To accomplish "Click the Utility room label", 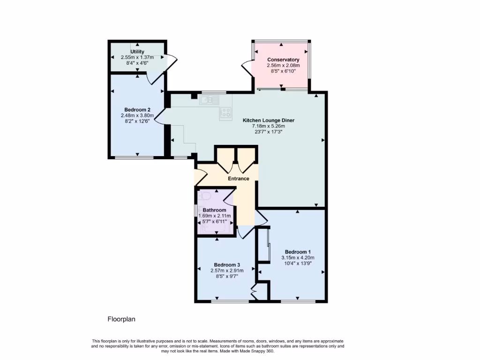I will coord(137,52).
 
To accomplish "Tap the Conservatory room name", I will coord(283,60).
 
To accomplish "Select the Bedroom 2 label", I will coord(137,110).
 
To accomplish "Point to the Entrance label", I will coord(239,179).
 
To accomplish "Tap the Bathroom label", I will coord(214,210).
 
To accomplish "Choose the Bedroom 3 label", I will coord(227,264).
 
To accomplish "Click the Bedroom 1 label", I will coord(298,252).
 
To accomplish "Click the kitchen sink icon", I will coord(209,100).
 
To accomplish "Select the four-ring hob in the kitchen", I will coord(226,112).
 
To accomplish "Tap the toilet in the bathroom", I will coord(204,196).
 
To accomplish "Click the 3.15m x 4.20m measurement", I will coord(298,257).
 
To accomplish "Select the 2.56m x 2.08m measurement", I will coord(283,66).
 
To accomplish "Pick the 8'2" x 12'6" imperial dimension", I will coord(137,121).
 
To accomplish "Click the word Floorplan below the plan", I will coord(121,319).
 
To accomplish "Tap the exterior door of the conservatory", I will coord(247,67).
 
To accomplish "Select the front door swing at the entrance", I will coord(200,176).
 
